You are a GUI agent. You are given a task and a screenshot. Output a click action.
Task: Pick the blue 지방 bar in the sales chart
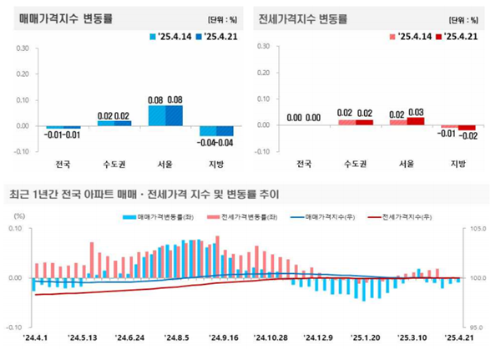click(226, 130)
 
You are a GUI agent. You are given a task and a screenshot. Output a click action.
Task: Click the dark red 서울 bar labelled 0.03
click(416, 121)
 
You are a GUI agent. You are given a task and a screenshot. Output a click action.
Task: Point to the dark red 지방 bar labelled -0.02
click(467, 128)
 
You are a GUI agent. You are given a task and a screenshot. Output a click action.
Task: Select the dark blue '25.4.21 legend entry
click(220, 37)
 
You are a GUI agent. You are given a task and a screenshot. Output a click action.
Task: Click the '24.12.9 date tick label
click(321, 338)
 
